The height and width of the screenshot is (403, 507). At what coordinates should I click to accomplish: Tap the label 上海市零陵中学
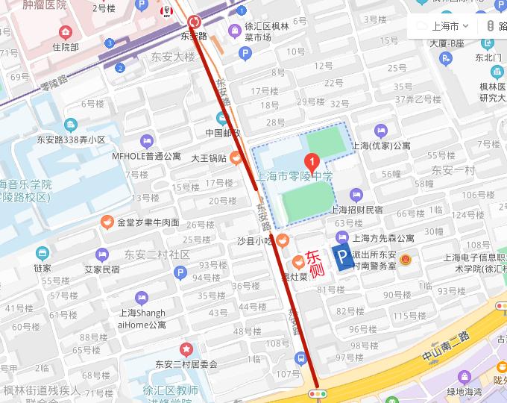pos(294,177)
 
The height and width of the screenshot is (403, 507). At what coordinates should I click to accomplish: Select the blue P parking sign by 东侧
pos(342,258)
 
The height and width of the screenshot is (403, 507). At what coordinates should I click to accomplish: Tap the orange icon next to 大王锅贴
pos(236,157)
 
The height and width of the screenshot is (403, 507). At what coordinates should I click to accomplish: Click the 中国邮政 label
pos(223,133)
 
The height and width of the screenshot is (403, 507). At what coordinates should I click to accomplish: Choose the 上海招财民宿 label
pos(356,210)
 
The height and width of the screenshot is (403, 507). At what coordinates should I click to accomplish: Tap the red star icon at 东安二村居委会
pos(186,349)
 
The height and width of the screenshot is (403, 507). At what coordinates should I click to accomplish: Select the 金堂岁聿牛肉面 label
pos(148,222)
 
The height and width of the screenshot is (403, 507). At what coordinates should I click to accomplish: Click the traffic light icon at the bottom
pos(318,393)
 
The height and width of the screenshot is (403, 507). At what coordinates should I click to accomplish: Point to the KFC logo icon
pos(166,12)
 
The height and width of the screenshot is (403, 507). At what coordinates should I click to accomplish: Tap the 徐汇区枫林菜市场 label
pos(268,31)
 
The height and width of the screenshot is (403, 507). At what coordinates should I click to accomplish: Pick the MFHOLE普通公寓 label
pos(146,157)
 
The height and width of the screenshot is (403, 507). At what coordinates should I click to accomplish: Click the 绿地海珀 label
pos(465,392)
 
